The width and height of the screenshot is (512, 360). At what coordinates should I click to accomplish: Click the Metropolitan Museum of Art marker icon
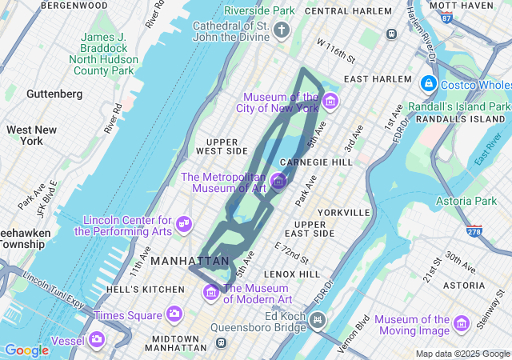pyautogui.click(x=278, y=182)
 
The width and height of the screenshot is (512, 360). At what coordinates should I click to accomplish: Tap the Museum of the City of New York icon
pyautogui.click(x=330, y=102)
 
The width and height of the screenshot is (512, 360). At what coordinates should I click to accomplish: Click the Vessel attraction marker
pyautogui.click(x=97, y=339)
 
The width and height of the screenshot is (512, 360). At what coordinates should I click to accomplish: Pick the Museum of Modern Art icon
pyautogui.click(x=211, y=293)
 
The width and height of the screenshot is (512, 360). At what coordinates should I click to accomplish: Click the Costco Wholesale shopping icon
pyautogui.click(x=429, y=84)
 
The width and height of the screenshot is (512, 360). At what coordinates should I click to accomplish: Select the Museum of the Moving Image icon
pyautogui.click(x=461, y=323)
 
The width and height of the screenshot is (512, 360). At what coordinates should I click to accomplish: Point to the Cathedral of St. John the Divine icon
pyautogui.click(x=281, y=31)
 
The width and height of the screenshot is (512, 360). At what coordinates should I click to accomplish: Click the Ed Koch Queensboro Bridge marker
pyautogui.click(x=318, y=321)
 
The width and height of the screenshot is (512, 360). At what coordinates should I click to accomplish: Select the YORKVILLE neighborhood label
pyautogui.click(x=343, y=213)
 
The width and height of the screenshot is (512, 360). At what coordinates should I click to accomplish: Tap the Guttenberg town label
pyautogui.click(x=54, y=94)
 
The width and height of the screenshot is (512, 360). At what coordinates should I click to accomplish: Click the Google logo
pyautogui.click(x=26, y=350)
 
